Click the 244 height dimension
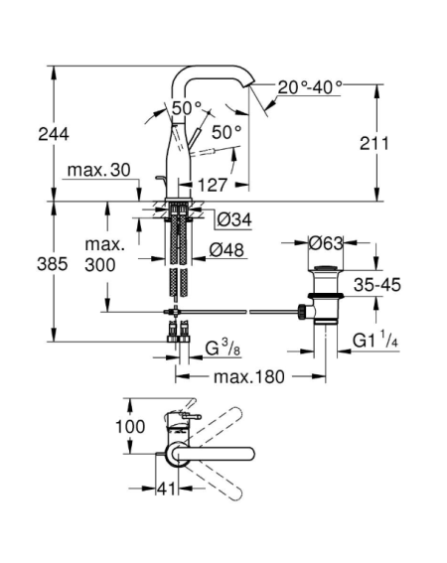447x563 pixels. click(54, 135)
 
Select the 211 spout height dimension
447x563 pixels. click(374, 144)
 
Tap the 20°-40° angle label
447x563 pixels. click(310, 86)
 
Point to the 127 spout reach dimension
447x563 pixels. click(214, 186)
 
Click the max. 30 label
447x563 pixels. click(98, 170)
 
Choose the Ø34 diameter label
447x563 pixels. click(233, 219)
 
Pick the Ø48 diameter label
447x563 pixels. click(226, 249)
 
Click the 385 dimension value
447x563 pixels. click(53, 265)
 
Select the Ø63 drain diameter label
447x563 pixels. click(326, 243)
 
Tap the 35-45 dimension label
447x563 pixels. click(376, 285)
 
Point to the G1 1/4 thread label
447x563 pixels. click(375, 340)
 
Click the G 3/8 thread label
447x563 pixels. click(223, 348)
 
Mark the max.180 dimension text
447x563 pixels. click(249, 377)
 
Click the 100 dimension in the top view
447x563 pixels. click(130, 427)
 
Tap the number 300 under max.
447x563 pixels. click(100, 265)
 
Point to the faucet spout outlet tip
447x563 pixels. click(250, 84)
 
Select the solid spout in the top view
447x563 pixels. click(211, 453)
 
